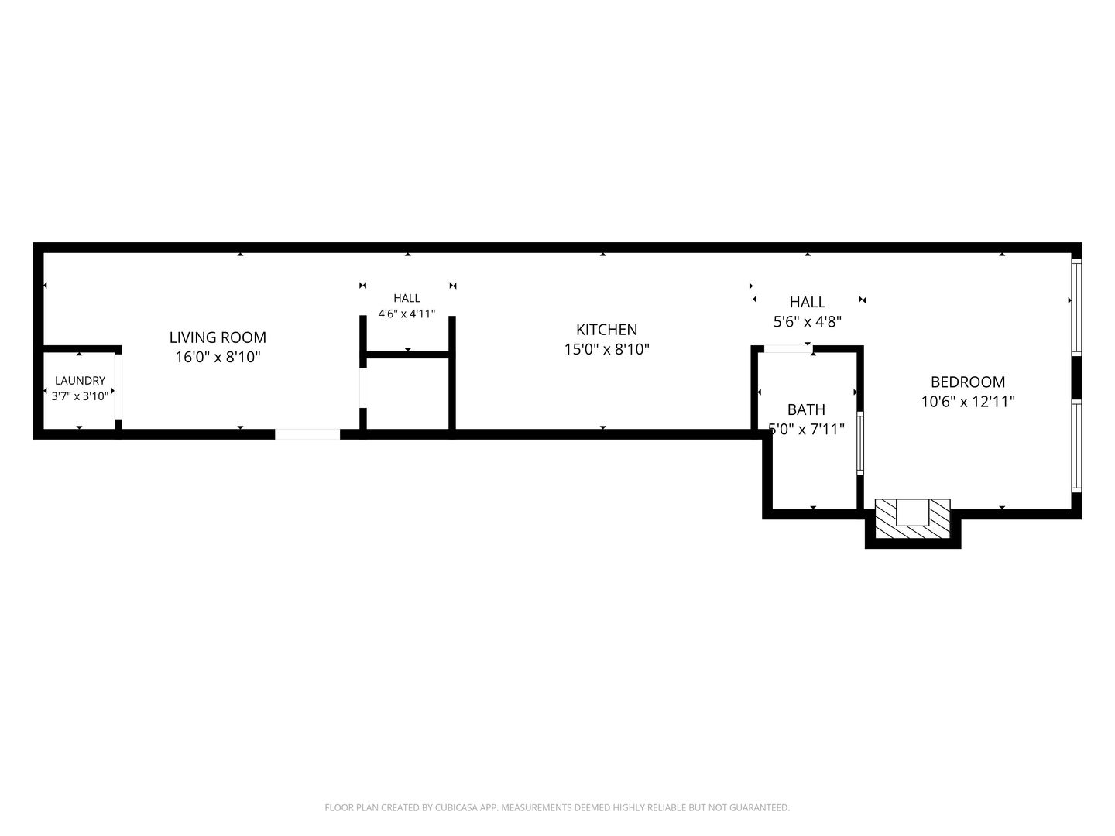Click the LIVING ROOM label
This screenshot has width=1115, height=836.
218,337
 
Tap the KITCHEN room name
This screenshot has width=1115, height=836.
606,330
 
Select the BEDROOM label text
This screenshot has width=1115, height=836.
968,382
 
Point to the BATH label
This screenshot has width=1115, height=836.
806,409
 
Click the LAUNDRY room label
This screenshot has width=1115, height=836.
81,381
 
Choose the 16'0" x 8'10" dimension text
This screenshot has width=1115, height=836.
218,358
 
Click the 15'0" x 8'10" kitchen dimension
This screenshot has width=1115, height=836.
607,350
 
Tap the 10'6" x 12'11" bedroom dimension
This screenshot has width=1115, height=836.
968,402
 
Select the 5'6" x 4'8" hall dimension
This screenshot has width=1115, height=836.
808,322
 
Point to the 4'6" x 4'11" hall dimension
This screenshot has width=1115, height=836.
407,313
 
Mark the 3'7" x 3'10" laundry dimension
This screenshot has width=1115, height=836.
81,396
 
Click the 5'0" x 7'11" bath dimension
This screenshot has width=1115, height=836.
806,430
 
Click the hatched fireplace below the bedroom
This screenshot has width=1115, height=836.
912,519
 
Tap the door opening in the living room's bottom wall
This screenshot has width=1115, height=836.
307,434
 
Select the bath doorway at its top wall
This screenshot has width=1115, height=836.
788,349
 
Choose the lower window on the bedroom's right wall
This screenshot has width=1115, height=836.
1076,446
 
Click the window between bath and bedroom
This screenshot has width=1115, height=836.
860,443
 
